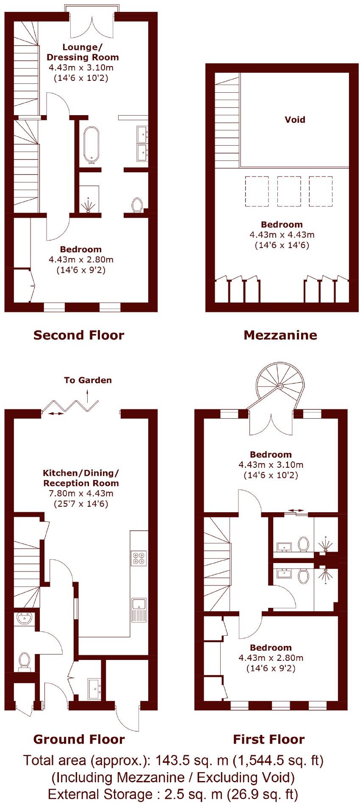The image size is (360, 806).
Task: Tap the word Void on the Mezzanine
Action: click(x=295, y=120)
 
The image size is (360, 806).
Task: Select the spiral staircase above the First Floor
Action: click(x=280, y=386)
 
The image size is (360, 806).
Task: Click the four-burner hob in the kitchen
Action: click(x=139, y=558)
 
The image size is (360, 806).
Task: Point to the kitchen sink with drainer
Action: click(x=138, y=610)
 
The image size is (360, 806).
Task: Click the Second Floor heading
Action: click(x=79, y=335)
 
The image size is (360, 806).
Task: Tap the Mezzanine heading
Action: click(x=280, y=335)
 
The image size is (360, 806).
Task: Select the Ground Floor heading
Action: click(x=79, y=739)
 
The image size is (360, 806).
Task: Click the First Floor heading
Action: click(x=269, y=739)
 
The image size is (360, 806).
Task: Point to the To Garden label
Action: click(x=88, y=380)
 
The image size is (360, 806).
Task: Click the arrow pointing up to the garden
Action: click(x=88, y=397)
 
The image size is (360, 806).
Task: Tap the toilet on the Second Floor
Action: click(x=137, y=205)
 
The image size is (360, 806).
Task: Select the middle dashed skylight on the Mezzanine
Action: click(x=289, y=191)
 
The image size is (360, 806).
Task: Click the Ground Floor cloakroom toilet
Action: click(x=24, y=661)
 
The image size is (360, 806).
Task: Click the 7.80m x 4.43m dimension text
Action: click(x=81, y=494)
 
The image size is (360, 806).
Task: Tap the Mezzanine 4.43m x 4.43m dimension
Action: click(x=282, y=235)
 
